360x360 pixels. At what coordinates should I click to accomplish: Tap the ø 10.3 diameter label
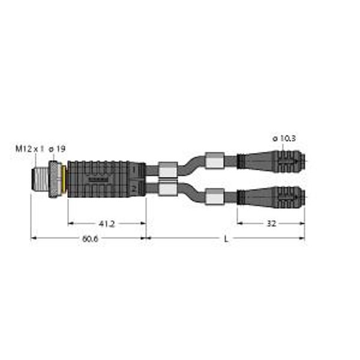coord(284,139)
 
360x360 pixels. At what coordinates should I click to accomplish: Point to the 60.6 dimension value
coord(88,239)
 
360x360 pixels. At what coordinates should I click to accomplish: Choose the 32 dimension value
coord(271,223)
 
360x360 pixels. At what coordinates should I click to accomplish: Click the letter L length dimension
coord(226,239)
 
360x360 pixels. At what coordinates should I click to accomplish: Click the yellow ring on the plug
coord(63,178)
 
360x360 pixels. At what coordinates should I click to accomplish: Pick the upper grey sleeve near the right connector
coord(214,161)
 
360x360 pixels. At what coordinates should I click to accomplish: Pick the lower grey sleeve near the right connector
coord(214,195)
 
